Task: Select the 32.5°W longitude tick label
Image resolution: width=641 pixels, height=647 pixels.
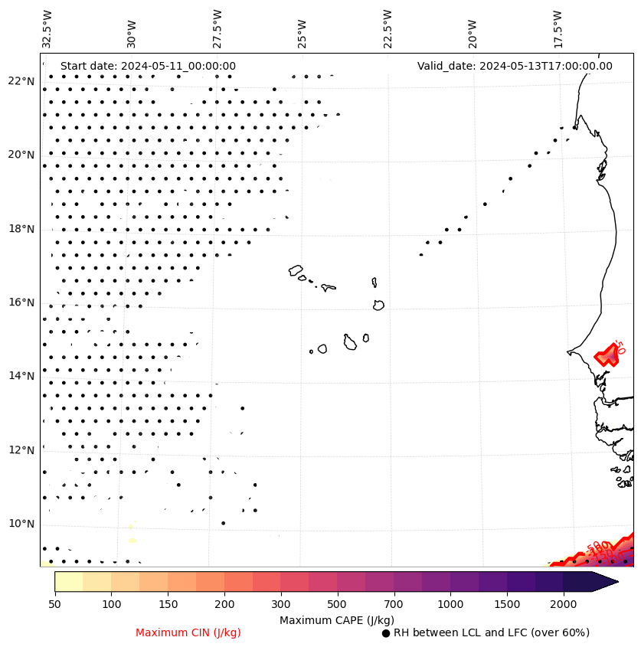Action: pyautogui.click(x=47, y=28)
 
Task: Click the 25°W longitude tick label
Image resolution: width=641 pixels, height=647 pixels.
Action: pyautogui.click(x=302, y=33)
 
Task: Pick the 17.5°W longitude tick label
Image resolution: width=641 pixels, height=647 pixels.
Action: pyautogui.click(x=558, y=28)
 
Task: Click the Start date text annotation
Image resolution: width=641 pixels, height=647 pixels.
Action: pyautogui.click(x=148, y=67)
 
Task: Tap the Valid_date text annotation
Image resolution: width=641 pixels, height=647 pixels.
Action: pyautogui.click(x=515, y=67)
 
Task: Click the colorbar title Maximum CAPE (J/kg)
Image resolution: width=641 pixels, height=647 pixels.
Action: pyautogui.click(x=336, y=620)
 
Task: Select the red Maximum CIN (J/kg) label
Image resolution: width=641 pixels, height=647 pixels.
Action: pyautogui.click(x=188, y=633)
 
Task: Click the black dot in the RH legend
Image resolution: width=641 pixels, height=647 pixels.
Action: pyautogui.click(x=386, y=633)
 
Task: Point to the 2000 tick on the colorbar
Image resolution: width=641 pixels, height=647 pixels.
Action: pyautogui.click(x=564, y=605)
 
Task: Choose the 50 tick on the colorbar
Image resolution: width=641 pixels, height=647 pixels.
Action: pyautogui.click(x=54, y=605)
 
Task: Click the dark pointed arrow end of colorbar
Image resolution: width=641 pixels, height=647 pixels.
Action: pyautogui.click(x=605, y=581)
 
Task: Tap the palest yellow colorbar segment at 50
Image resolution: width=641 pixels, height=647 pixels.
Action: pyautogui.click(x=68, y=581)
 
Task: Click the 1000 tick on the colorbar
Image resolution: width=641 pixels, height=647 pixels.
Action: pyautogui.click(x=451, y=605)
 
